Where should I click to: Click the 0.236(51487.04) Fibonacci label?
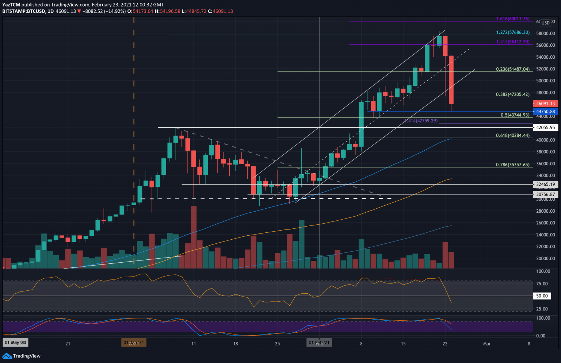click(512, 69)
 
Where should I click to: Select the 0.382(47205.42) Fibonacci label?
click(512, 94)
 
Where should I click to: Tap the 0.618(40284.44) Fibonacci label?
click(512, 135)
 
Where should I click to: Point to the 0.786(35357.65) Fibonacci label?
click(512, 165)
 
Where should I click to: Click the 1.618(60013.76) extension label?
click(512, 19)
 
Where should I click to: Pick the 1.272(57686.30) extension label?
click(512, 32)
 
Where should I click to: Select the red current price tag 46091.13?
click(545, 104)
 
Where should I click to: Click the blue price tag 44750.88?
click(545, 112)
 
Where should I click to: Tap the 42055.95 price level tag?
click(545, 128)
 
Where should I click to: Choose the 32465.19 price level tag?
click(545, 185)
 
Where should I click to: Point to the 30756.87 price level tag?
click(545, 194)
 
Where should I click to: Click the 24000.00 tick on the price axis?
click(545, 235)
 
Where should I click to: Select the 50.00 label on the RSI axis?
click(542, 296)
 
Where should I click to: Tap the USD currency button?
click(545, 23)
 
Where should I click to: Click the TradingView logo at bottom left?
click(22, 356)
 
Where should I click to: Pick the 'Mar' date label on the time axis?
click(487, 343)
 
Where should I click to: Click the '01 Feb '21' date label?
click(319, 343)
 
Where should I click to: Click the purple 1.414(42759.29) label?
click(421, 121)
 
